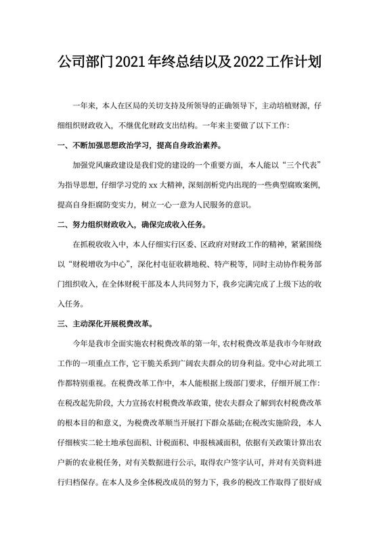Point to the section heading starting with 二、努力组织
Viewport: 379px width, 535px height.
[x=134, y=224]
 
